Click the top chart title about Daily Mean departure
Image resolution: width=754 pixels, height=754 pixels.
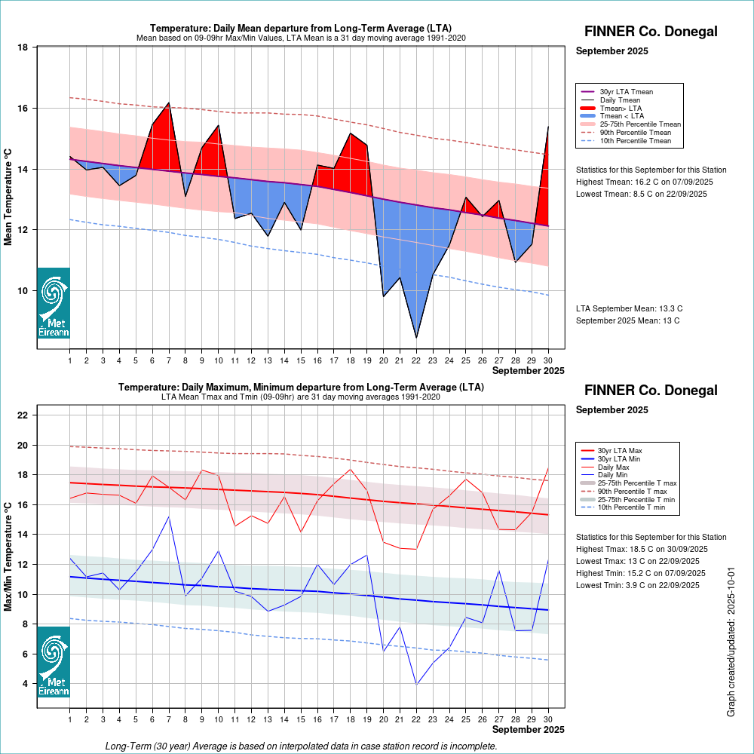(301, 29)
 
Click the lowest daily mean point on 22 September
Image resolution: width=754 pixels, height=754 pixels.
(416, 337)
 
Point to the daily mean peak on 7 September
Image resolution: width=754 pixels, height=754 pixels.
(168, 103)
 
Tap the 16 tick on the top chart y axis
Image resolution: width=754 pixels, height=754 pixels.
(23, 109)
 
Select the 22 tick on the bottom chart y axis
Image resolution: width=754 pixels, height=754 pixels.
(23, 415)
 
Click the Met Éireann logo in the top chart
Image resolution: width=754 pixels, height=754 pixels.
(54, 303)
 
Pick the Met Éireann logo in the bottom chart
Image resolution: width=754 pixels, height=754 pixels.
(54, 661)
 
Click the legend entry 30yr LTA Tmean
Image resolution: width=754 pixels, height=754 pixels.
(626, 92)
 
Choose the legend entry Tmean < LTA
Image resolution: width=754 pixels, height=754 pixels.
(621, 116)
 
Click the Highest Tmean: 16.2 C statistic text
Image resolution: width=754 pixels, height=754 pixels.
(644, 182)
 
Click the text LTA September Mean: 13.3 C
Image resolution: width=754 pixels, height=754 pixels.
(629, 308)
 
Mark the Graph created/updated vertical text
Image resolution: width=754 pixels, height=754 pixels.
(731, 642)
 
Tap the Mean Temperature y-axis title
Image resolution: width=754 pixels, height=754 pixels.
(8, 197)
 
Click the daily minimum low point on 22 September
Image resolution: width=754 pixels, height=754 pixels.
(416, 685)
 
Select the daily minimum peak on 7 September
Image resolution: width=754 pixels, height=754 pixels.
(168, 516)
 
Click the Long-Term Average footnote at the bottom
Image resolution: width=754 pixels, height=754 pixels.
(301, 746)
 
